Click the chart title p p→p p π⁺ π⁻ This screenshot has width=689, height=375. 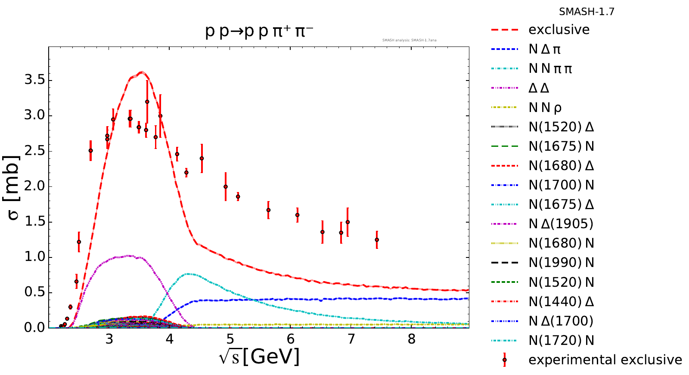(x=259, y=32)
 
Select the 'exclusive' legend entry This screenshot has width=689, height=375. (x=559, y=30)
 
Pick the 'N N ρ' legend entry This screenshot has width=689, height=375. (x=545, y=108)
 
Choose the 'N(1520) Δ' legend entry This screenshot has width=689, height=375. (x=561, y=127)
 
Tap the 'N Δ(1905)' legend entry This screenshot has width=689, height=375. (x=561, y=224)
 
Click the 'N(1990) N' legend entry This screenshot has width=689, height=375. (x=561, y=263)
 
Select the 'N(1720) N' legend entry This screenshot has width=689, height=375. (x=561, y=341)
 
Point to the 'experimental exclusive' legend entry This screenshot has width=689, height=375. (x=605, y=360)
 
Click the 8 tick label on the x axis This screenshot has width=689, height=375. (x=412, y=339)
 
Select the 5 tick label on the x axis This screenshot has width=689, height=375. (x=230, y=339)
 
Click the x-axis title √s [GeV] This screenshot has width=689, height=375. (x=259, y=356)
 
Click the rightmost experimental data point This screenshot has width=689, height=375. (x=377, y=240)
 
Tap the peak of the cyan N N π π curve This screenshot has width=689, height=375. (x=188, y=274)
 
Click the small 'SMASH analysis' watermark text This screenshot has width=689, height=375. (x=409, y=40)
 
